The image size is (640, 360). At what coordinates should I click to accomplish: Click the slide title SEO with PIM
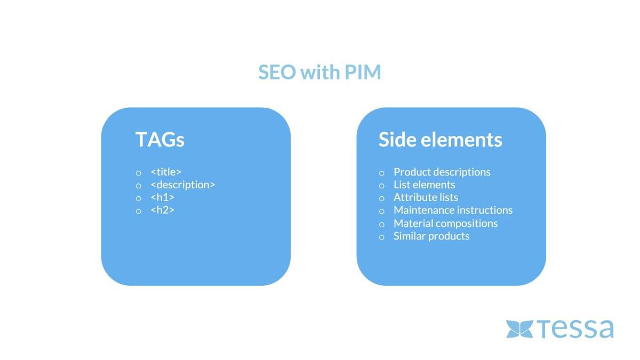click(x=319, y=71)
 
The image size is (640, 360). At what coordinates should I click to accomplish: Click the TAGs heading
click(x=160, y=139)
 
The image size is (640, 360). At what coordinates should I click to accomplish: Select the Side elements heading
click(x=441, y=139)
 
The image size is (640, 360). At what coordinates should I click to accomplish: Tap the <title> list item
click(x=166, y=172)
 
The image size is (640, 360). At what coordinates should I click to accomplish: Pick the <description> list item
click(x=183, y=185)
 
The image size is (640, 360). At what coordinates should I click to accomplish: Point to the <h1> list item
click(x=162, y=197)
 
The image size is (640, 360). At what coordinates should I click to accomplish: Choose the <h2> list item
click(x=162, y=210)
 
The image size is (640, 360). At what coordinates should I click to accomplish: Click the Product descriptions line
click(x=442, y=172)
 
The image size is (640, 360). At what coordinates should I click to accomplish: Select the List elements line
click(x=425, y=185)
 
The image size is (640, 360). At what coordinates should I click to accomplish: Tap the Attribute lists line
click(x=426, y=197)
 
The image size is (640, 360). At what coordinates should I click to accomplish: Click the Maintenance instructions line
click(x=453, y=210)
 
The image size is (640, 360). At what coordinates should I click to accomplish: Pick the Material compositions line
click(x=446, y=223)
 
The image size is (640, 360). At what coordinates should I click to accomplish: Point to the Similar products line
click(x=431, y=236)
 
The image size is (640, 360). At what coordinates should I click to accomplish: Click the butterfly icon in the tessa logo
click(x=519, y=329)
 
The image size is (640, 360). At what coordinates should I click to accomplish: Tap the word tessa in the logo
click(x=575, y=329)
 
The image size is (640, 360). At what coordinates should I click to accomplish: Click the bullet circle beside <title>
click(x=139, y=173)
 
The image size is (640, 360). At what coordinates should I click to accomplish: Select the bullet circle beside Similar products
click(x=382, y=237)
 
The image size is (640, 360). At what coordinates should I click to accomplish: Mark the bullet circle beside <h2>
click(x=139, y=211)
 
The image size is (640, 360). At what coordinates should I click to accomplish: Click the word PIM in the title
click(x=363, y=71)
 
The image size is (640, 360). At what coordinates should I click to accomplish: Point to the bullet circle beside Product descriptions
click(x=382, y=173)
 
